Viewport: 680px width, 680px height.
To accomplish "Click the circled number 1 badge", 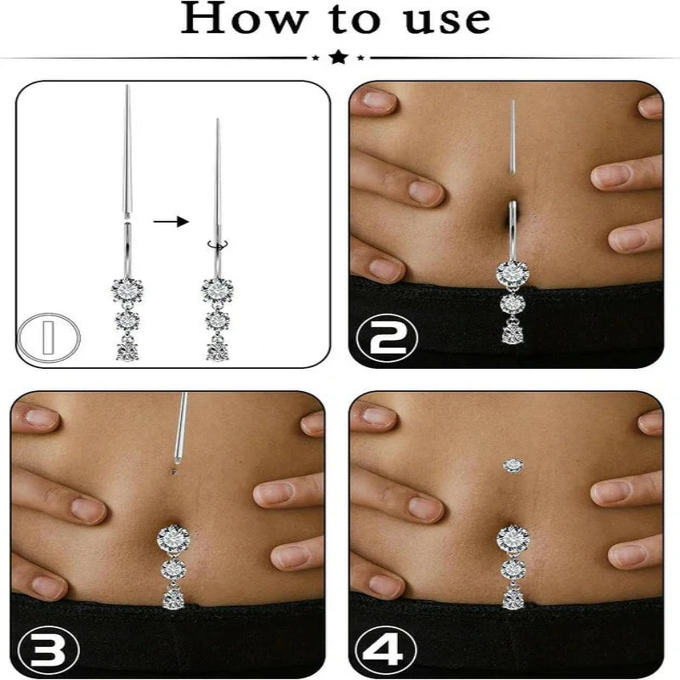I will pyautogui.click(x=50, y=337).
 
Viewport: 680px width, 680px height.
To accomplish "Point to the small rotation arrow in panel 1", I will pyautogui.click(x=218, y=244).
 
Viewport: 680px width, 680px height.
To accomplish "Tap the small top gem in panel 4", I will pyautogui.click(x=512, y=464).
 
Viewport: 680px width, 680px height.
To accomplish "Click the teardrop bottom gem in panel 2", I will pyautogui.click(x=512, y=331).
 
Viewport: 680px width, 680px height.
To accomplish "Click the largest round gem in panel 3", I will pyautogui.click(x=173, y=537).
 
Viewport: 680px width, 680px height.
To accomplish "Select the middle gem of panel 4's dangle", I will pyautogui.click(x=512, y=568).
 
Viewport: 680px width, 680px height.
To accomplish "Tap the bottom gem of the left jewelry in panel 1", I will pyautogui.click(x=127, y=348).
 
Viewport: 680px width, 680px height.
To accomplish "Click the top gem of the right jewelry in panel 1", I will pyautogui.click(x=218, y=289).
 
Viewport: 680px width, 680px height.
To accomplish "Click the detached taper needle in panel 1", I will pyautogui.click(x=127, y=153).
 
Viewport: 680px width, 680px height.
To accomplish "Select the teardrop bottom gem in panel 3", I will pyautogui.click(x=173, y=597).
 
